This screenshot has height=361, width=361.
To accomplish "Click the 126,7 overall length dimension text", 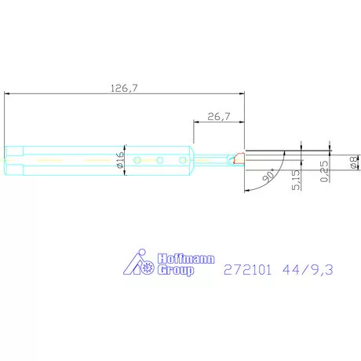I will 125,88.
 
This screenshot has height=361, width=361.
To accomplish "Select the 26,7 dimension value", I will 217,116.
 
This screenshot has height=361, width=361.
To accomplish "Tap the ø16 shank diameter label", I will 121,160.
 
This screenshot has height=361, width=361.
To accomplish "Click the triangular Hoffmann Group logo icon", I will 141,264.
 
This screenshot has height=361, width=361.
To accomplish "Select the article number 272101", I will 247,270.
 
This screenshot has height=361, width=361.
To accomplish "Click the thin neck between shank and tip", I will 210,160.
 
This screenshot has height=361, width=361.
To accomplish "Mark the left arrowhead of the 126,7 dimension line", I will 8,93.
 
